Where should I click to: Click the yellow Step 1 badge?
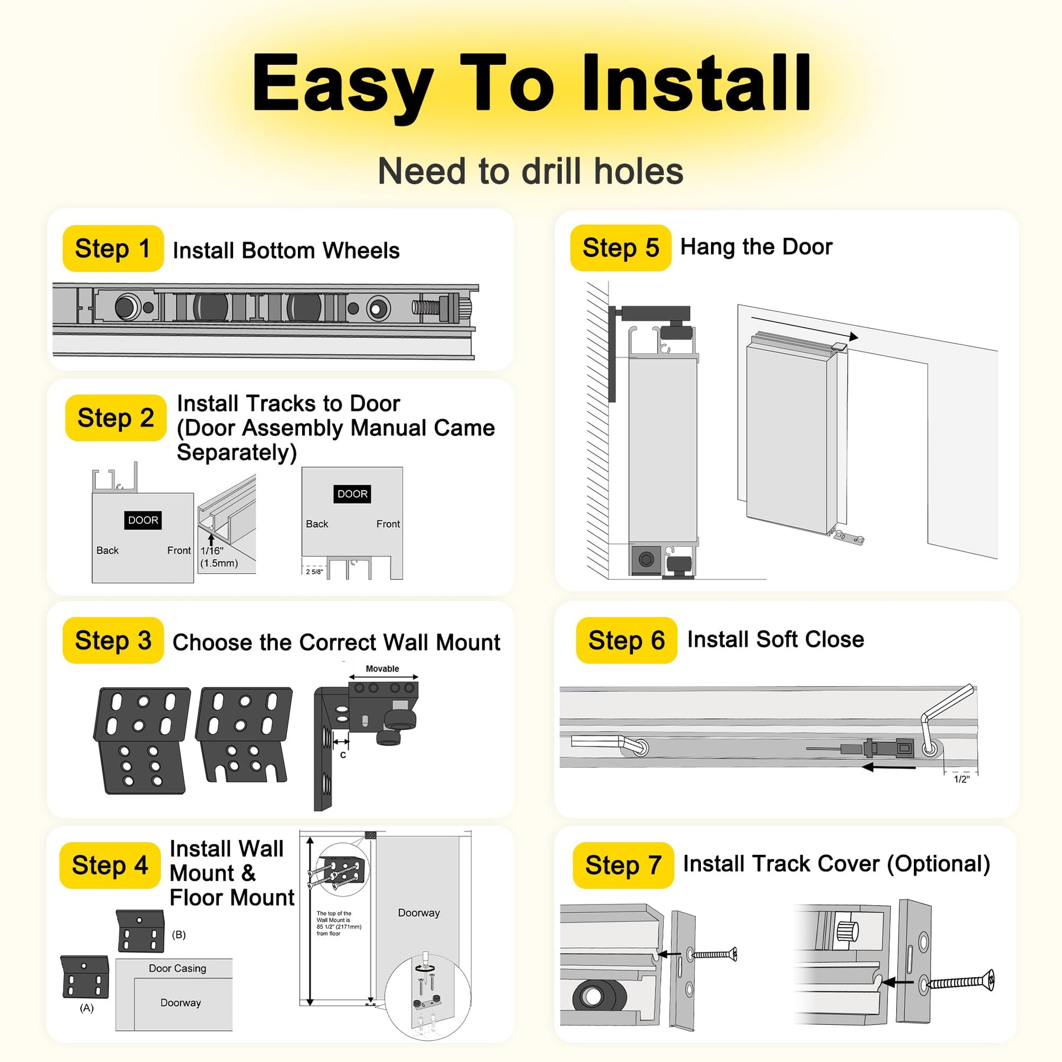click(x=113, y=248)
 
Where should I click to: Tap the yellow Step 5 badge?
click(x=620, y=248)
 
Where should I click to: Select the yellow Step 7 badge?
click(x=623, y=866)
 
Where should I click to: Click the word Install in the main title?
click(x=696, y=83)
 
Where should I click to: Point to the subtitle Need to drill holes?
click(x=530, y=172)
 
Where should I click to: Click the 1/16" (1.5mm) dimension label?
click(x=219, y=557)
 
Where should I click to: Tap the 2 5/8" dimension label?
click(x=314, y=572)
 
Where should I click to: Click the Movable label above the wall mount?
click(x=382, y=668)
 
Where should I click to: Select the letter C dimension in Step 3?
click(x=343, y=755)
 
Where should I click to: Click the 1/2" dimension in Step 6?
click(x=962, y=779)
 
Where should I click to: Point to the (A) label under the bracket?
click(x=87, y=1008)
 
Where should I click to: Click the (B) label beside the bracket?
click(x=179, y=935)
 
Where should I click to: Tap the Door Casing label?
click(x=178, y=968)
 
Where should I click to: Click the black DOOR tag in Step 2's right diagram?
click(x=352, y=494)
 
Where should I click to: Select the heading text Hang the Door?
click(x=756, y=247)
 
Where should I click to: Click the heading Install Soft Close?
click(x=775, y=640)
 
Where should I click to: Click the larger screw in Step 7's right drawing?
click(x=960, y=982)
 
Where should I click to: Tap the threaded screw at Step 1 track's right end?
click(x=426, y=307)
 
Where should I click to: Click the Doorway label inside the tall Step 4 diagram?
click(x=419, y=913)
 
